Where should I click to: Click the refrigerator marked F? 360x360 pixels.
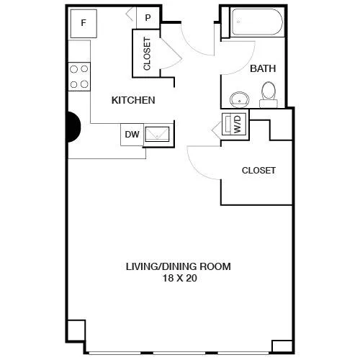(x=84, y=24)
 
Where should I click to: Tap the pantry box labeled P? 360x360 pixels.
(x=148, y=18)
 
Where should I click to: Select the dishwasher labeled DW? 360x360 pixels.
(x=132, y=135)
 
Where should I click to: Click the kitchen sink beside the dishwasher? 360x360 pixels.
(x=157, y=135)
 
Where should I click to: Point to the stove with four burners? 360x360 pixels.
(x=79, y=76)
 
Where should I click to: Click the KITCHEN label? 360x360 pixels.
(x=133, y=100)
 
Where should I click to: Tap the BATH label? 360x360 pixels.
(x=263, y=68)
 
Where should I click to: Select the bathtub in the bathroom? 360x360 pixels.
(x=257, y=22)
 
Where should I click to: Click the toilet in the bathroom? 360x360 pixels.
(x=269, y=95)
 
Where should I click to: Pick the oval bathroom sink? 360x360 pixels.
(x=239, y=100)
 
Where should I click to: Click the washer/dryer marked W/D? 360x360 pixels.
(x=234, y=124)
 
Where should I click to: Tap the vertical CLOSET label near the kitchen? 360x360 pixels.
(x=147, y=53)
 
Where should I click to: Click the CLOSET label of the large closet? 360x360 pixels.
(x=258, y=171)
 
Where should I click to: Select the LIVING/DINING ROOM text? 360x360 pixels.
(x=179, y=266)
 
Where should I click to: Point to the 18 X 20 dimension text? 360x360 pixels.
(x=180, y=278)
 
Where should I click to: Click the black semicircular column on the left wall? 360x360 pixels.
(x=73, y=127)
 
